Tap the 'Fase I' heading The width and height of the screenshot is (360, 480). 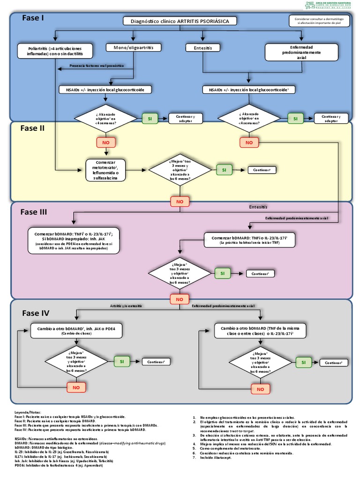33,18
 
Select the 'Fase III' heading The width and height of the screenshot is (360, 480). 34,212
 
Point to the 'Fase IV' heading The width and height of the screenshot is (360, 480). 36,313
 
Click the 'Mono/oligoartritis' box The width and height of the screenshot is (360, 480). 134,47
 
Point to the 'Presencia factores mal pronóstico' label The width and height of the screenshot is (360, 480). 97,66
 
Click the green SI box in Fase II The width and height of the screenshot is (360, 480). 224,170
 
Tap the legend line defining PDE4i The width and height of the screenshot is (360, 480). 58,465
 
